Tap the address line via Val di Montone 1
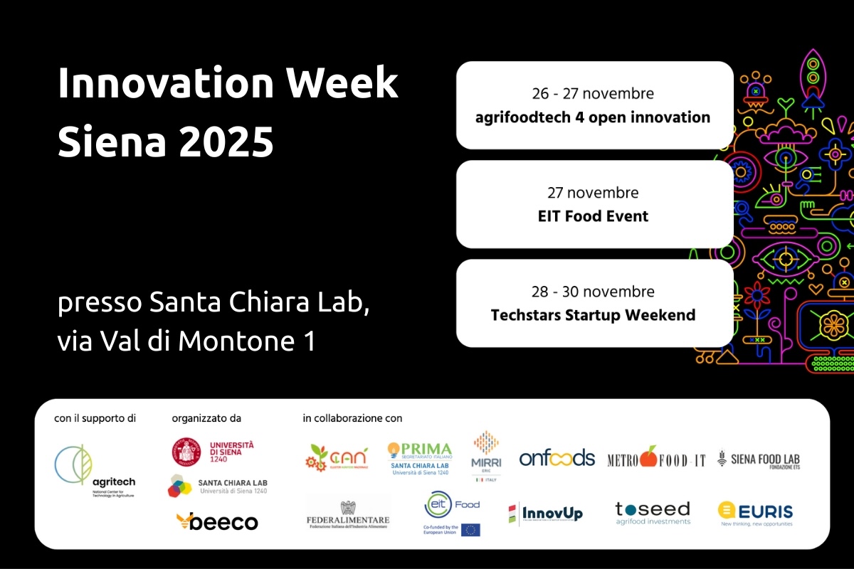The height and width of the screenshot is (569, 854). click(x=186, y=341)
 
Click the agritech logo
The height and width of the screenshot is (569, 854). click(x=94, y=470)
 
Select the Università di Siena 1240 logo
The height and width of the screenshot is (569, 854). click(x=213, y=452)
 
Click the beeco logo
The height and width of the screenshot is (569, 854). click(x=217, y=522)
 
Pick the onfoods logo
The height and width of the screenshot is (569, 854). click(x=557, y=458)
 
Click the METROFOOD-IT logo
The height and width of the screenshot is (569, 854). click(x=656, y=458)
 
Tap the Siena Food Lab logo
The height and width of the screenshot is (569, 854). click(x=758, y=459)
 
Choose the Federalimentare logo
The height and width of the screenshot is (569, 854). click(x=348, y=514)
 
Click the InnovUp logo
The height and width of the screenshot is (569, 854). click(x=545, y=513)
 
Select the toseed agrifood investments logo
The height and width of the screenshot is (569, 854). click(x=653, y=513)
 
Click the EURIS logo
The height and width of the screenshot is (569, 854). click(x=755, y=512)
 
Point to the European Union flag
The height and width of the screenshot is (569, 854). click(x=470, y=530)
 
